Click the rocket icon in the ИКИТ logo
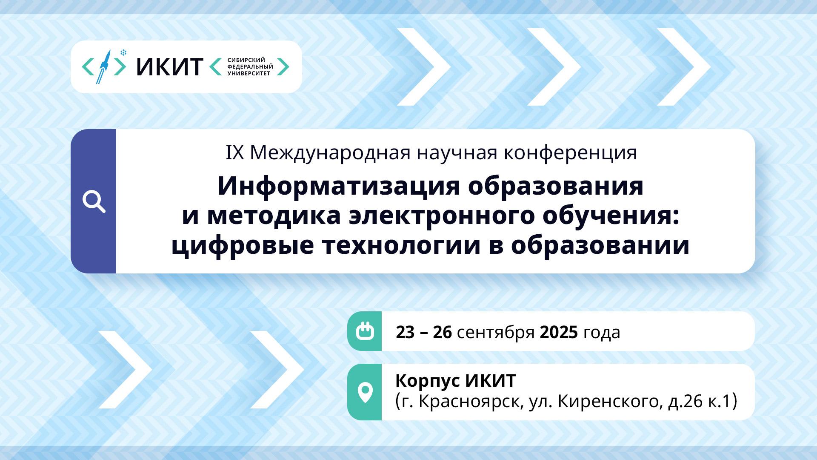[x=103, y=66]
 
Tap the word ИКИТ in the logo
[x=169, y=67]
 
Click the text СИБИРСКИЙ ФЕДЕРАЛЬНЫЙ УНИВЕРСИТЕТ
[x=250, y=67]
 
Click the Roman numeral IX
[x=234, y=153]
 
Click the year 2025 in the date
[x=559, y=332]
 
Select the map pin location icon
[x=365, y=392]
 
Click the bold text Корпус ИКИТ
[x=456, y=381]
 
